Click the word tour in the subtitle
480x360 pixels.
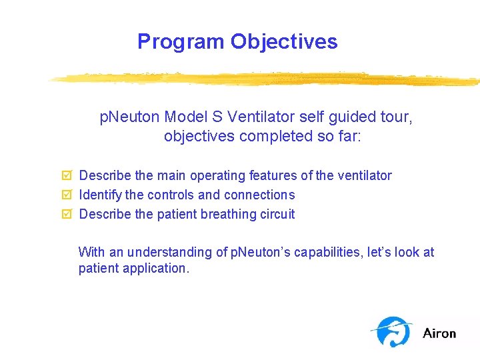[397, 118]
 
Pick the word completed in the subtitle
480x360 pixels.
[262, 137]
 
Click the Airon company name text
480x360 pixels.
[439, 333]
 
